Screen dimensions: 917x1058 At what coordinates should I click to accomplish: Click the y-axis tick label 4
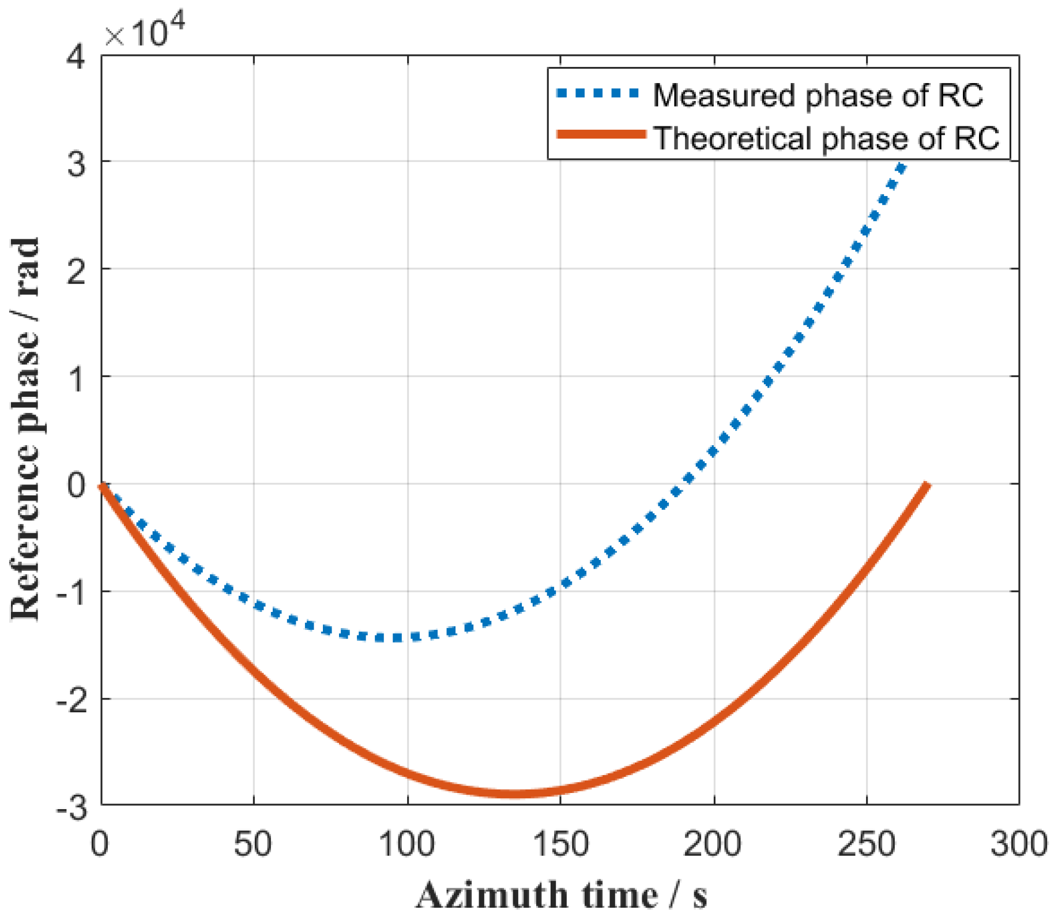pos(76,58)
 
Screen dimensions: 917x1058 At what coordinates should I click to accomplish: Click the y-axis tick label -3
pos(71,808)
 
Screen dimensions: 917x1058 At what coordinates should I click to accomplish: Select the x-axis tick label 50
pos(253,844)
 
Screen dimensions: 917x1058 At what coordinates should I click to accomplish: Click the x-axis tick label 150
pos(560,844)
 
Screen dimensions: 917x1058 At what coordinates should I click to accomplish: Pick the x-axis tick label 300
pos(1018,844)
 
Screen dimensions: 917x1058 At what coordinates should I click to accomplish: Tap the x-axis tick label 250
pos(866,844)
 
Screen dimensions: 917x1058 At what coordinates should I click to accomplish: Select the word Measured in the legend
pos(724,95)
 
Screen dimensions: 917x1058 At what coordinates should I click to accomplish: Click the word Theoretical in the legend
pos(732,138)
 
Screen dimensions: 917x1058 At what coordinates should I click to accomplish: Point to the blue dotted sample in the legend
pos(598,93)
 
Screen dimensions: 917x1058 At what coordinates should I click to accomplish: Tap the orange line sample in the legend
pos(601,134)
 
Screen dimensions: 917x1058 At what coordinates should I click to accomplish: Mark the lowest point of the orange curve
pos(515,794)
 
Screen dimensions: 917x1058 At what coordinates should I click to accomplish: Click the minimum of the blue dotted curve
pos(397,638)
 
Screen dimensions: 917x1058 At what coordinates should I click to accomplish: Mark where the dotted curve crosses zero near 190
pos(683,484)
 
